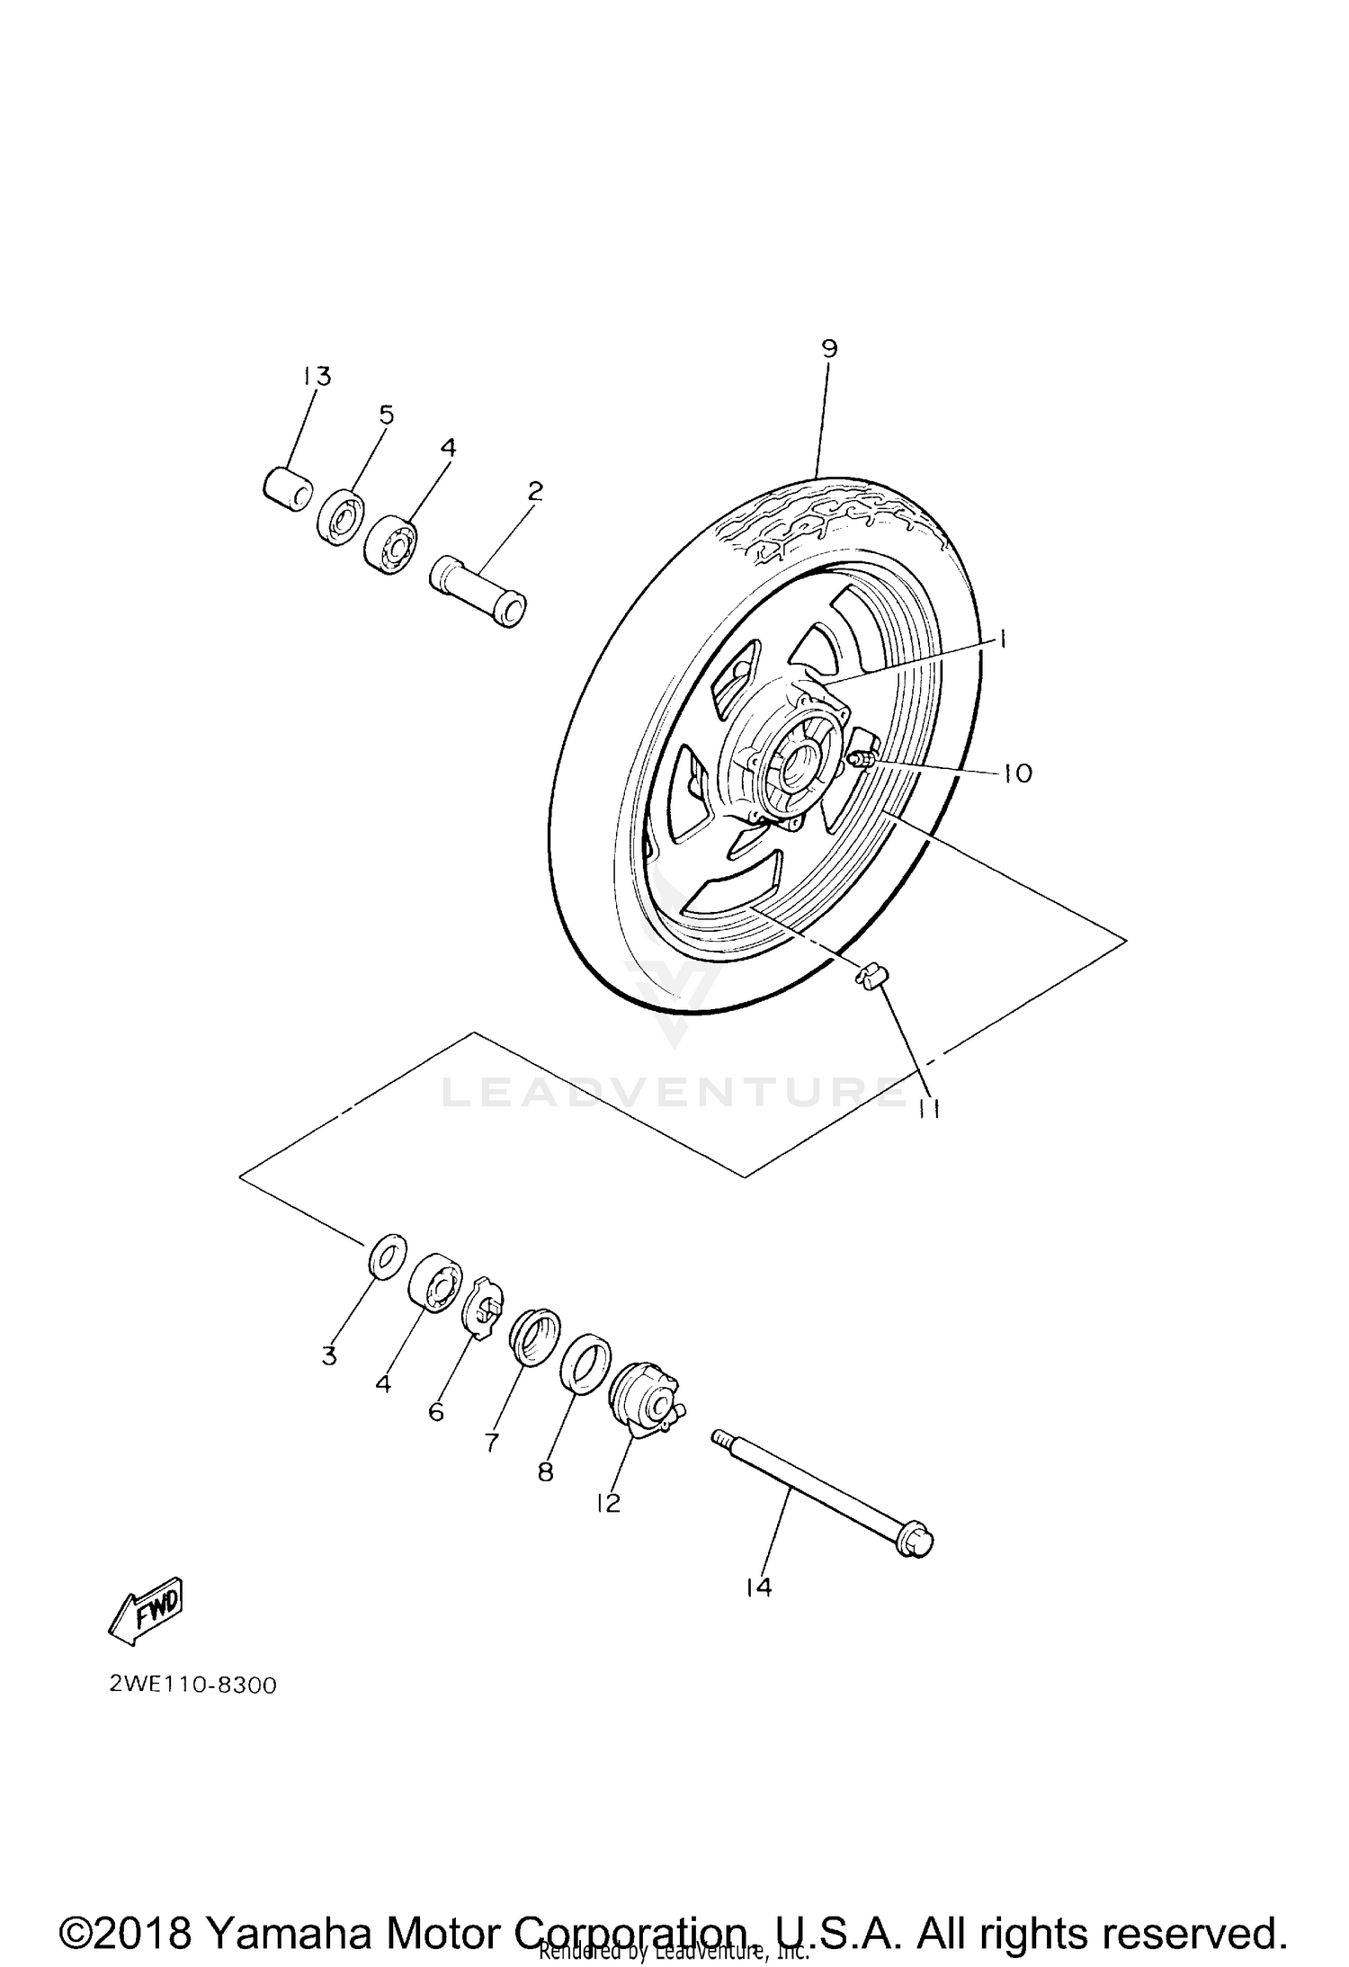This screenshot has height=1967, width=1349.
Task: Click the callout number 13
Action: pos(316,376)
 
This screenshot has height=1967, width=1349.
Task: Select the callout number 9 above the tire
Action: pos(828,348)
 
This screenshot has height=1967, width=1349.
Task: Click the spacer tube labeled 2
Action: pos(479,593)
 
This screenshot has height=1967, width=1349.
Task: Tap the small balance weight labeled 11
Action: pos(867,975)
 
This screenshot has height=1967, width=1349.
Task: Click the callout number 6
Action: pos(436,1412)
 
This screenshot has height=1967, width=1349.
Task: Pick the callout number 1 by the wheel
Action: pos(1000,639)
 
